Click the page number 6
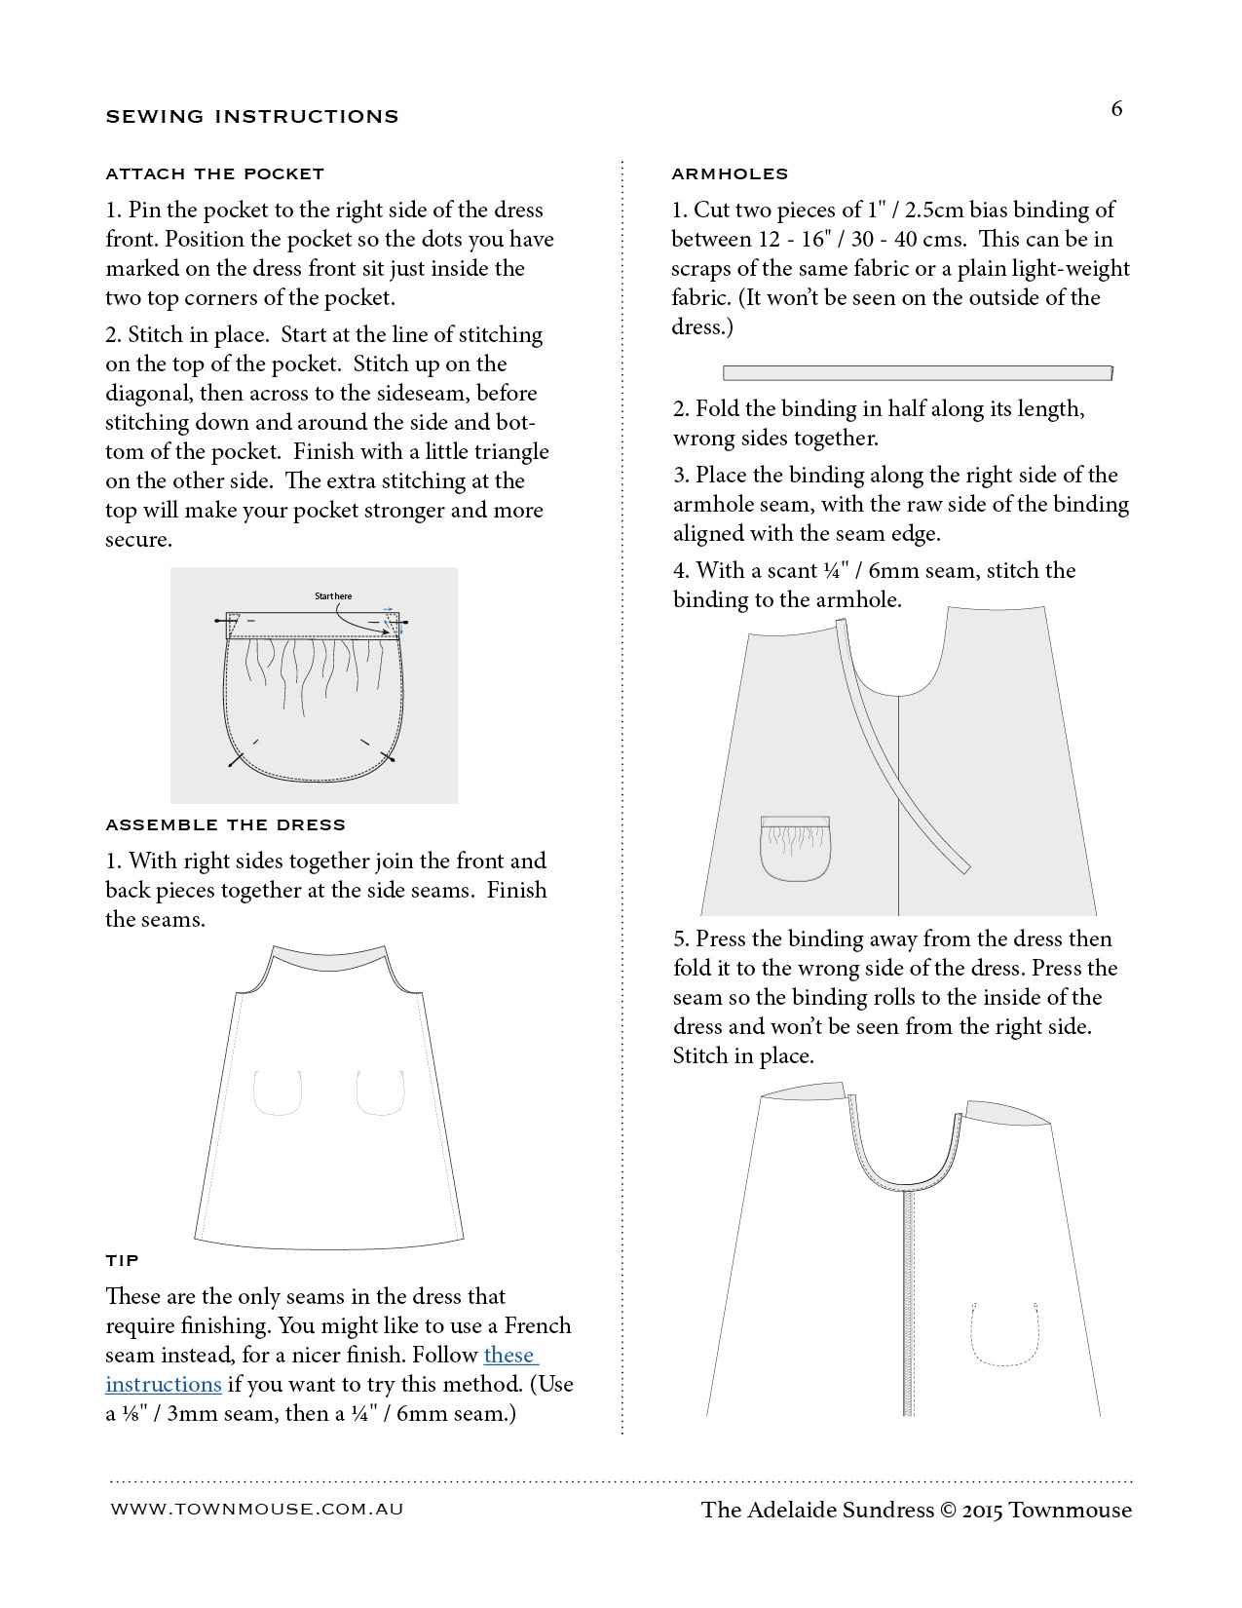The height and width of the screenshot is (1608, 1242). coord(1116,108)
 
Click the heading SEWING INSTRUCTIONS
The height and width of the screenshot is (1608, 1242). coord(252,117)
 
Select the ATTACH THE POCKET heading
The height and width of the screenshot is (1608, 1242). coord(214,174)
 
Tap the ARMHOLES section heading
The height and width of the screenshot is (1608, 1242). coord(730,174)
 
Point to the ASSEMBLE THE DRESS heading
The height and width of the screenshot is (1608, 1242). coord(225,824)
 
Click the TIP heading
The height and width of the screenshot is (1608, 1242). coord(122,1260)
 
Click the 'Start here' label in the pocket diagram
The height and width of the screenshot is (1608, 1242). coord(333,595)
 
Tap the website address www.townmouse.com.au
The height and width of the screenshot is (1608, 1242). coord(257,1509)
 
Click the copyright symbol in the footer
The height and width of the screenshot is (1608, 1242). coord(949,1510)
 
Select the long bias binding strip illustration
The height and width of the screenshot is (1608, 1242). coord(917,373)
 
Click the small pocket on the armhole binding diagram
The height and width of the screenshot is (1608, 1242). coord(795,847)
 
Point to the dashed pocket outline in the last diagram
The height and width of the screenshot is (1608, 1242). coord(1004,1331)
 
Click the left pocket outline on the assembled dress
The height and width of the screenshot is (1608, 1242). coord(278,1092)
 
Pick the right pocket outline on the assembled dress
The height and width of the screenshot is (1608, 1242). coord(381,1092)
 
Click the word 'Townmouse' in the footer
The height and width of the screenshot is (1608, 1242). coord(1070,1510)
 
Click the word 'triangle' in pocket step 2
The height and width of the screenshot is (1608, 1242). coord(510,452)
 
